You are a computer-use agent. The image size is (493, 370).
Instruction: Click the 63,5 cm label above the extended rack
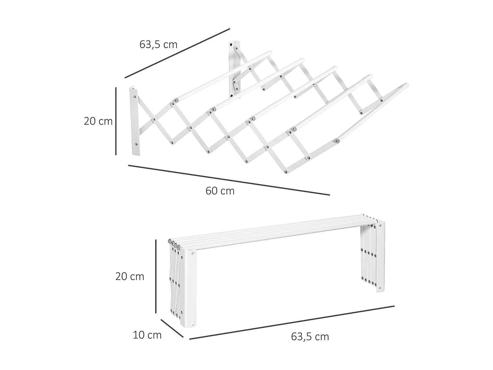(158, 44)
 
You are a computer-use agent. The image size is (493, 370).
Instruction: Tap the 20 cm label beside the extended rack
(98, 121)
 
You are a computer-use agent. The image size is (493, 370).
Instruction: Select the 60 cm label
(220, 191)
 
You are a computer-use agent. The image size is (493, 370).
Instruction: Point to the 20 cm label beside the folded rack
(129, 277)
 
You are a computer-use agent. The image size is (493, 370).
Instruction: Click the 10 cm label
(147, 335)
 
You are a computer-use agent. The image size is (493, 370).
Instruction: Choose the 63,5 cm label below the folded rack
(310, 337)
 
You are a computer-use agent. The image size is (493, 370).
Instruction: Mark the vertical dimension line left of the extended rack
(116, 121)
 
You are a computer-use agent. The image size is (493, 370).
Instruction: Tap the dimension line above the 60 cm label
(229, 180)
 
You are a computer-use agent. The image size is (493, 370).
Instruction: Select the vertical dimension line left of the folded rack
(155, 276)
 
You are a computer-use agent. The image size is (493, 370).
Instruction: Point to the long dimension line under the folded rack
(292, 323)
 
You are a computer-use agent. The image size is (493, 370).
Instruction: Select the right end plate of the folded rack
(380, 257)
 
